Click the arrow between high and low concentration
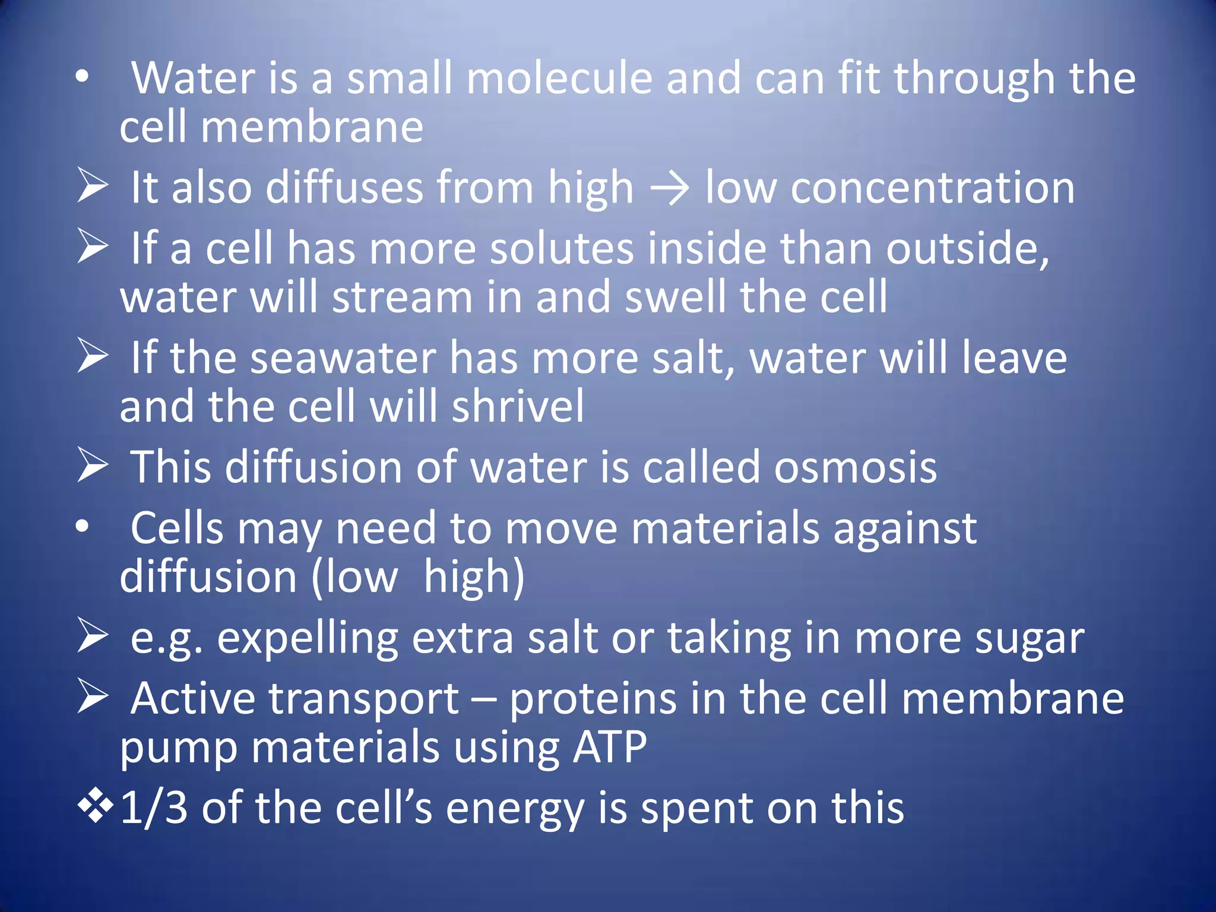tap(669, 189)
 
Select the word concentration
tap(932, 188)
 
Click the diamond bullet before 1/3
tap(95, 807)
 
